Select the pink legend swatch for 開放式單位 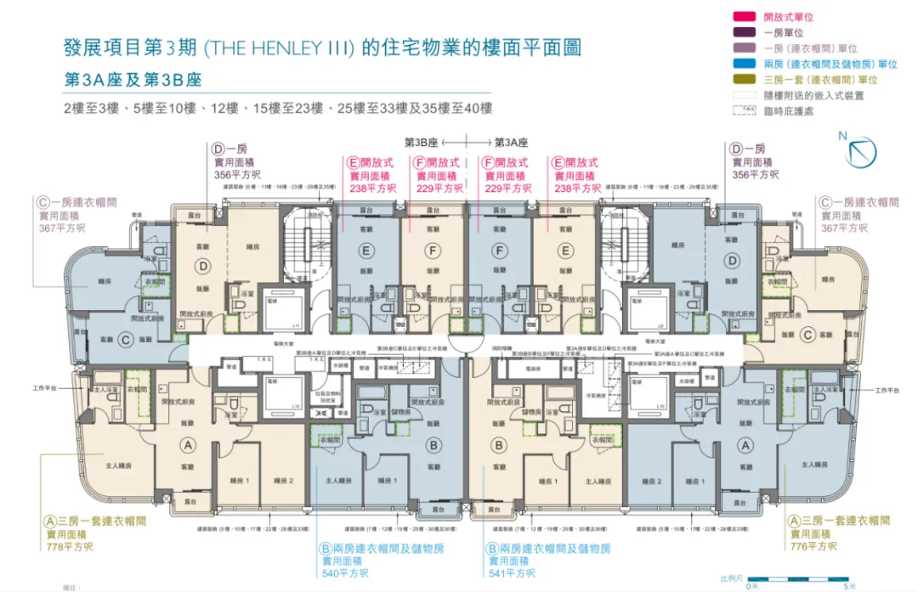tap(749, 15)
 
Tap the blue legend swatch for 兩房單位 tap(749, 64)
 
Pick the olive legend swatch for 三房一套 tap(749, 80)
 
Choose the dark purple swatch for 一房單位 tap(749, 32)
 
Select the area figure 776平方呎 tap(813, 546)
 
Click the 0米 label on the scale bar tap(752, 586)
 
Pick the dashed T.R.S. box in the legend tap(749, 111)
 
